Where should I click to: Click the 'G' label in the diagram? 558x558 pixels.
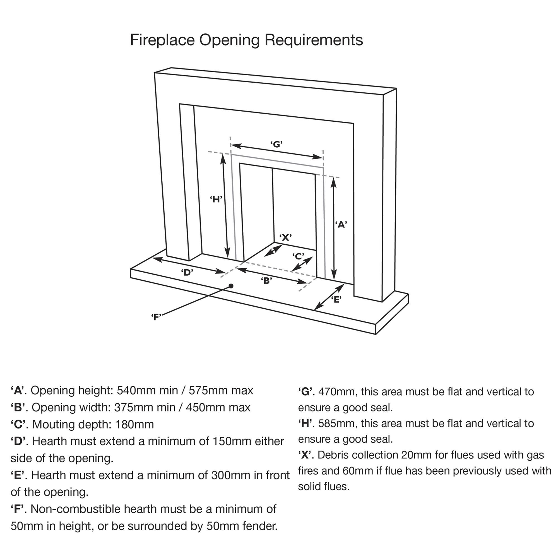(x=276, y=144)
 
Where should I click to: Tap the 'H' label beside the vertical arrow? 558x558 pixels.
(x=216, y=199)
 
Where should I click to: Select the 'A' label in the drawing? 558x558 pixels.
(x=341, y=224)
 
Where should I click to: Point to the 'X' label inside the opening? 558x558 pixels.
(x=285, y=237)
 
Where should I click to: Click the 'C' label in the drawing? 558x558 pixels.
(x=298, y=256)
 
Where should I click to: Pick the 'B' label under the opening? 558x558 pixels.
(x=266, y=280)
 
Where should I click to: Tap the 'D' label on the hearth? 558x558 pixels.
(x=187, y=272)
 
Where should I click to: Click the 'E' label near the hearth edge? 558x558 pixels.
(x=336, y=300)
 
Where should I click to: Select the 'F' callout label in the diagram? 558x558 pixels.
(x=156, y=317)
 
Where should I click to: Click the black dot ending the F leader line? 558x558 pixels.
(x=231, y=286)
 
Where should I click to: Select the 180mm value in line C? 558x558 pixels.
(x=134, y=425)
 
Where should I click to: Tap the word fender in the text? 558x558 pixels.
(x=260, y=526)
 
